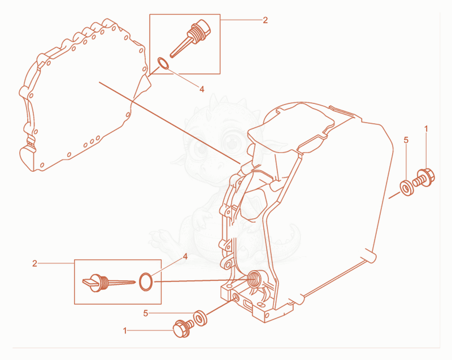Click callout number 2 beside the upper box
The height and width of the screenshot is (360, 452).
[x=265, y=20]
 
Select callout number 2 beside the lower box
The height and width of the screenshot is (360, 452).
[x=34, y=263]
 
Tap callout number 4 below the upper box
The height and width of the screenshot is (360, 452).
[x=202, y=89]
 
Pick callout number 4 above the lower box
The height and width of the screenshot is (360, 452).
[x=185, y=256]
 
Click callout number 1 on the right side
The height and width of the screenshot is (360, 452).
[x=427, y=129]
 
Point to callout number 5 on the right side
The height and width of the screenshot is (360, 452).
[x=406, y=140]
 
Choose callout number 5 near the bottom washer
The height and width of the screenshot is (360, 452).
[x=146, y=313]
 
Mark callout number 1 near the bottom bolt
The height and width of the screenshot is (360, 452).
[x=125, y=331]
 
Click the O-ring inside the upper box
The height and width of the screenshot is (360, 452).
[x=163, y=63]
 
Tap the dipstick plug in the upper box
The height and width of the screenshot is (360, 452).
[x=190, y=38]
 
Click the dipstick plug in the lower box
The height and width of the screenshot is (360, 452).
[x=108, y=283]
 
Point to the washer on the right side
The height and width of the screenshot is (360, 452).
[x=406, y=188]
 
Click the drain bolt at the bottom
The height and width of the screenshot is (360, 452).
[x=183, y=328]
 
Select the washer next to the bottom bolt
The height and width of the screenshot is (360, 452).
[x=199, y=318]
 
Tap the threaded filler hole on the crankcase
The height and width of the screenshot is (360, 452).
[x=255, y=279]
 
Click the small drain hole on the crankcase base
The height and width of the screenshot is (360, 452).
[x=236, y=297]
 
